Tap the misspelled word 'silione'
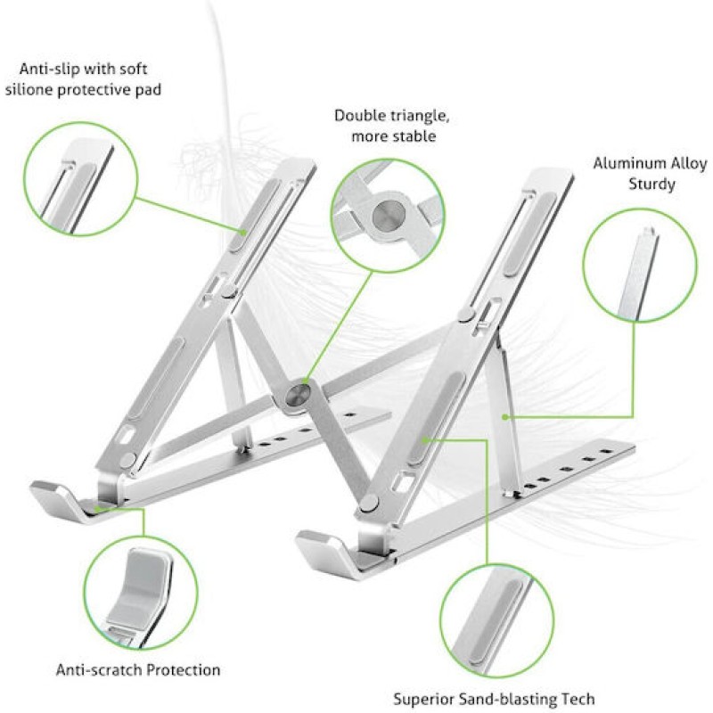coord(29,90)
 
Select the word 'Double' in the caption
coord(359,116)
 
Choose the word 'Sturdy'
coord(652,184)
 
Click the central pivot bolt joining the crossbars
coord(298,394)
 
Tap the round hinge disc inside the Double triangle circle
coord(389,216)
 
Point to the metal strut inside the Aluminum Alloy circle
coord(639,273)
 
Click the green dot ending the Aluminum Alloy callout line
coord(504,416)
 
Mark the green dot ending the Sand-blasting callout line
coord(426,439)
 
